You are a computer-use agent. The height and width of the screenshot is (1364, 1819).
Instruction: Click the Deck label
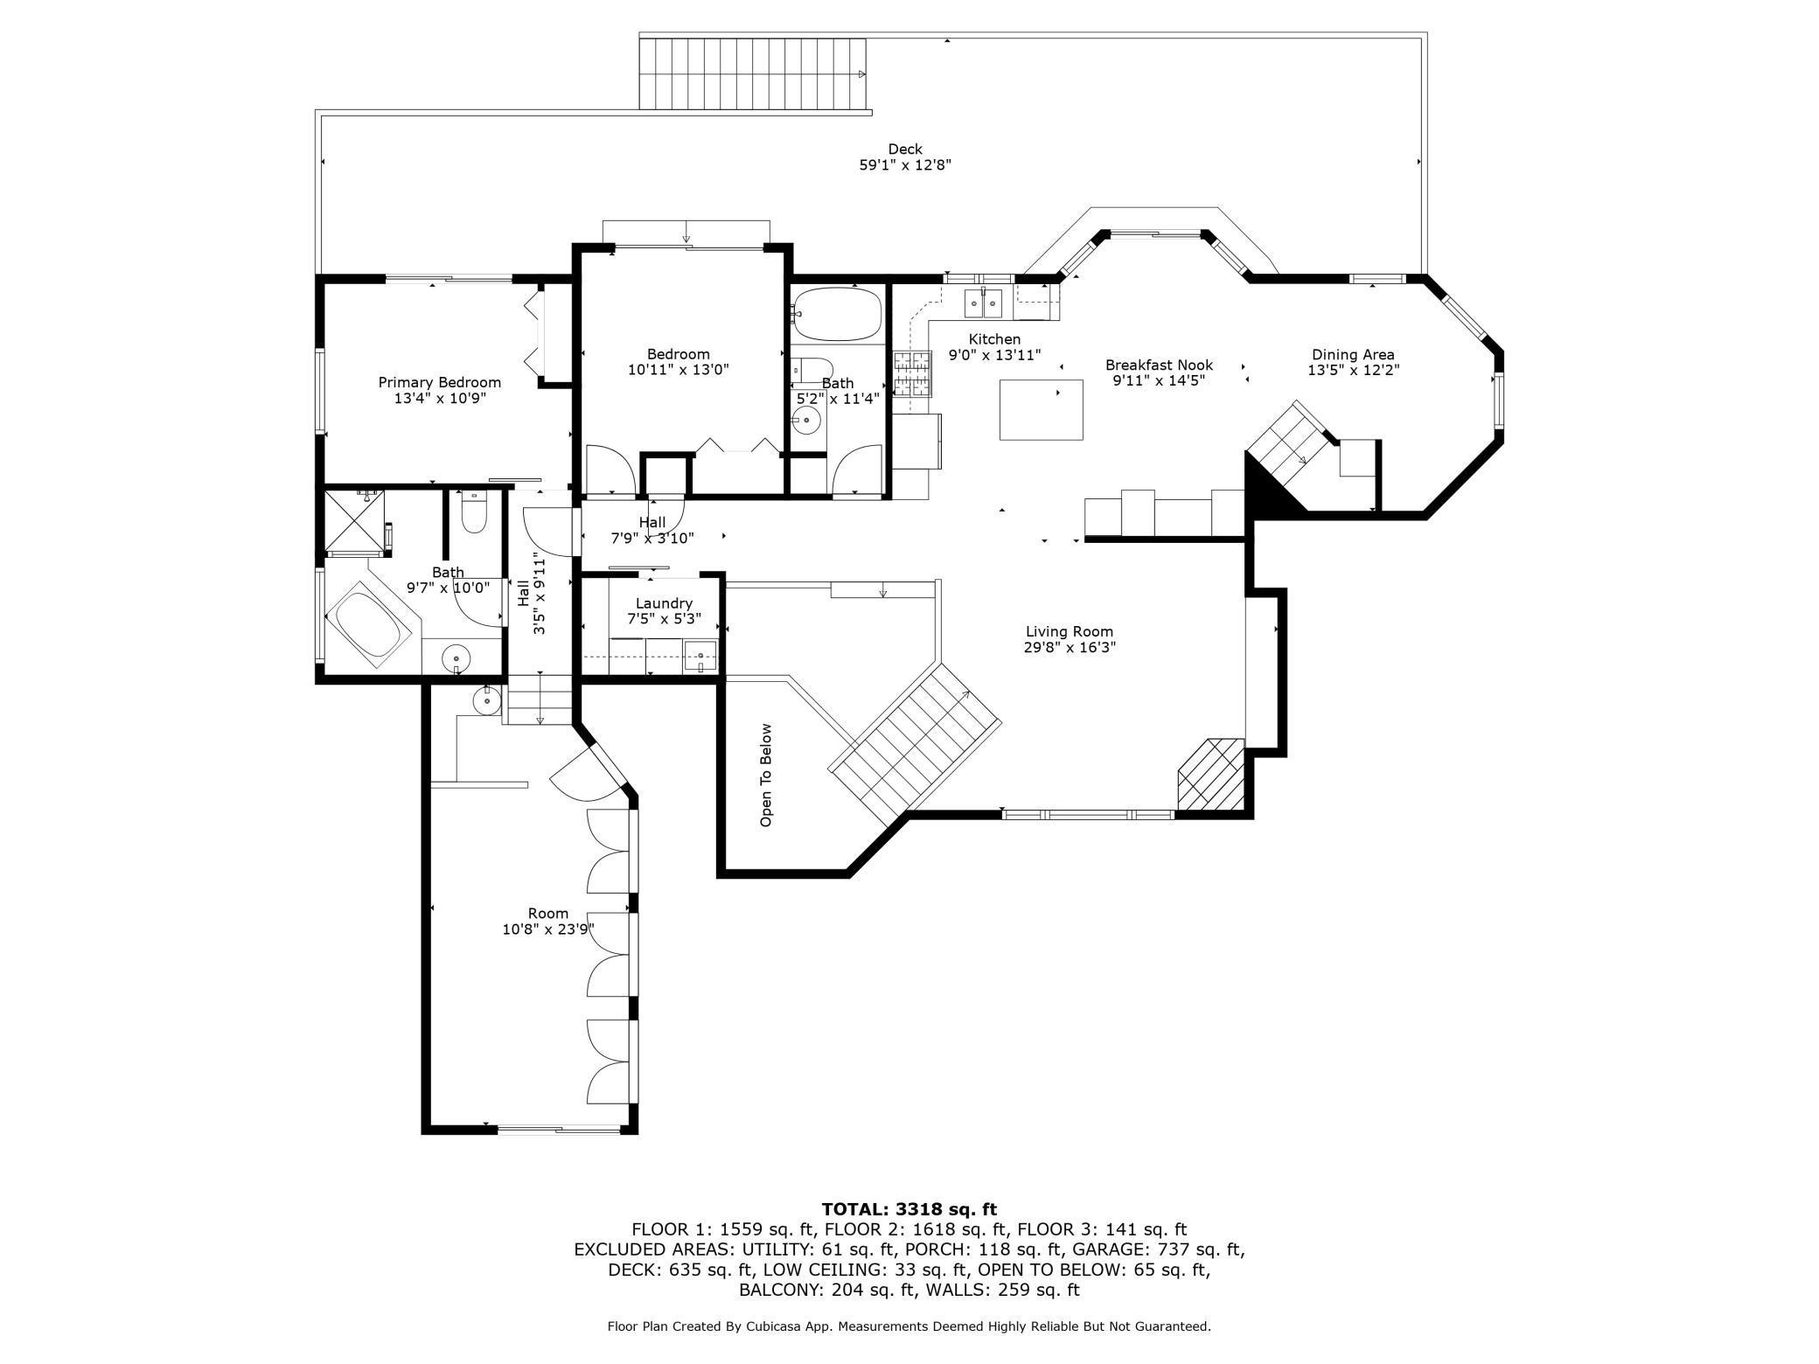point(905,150)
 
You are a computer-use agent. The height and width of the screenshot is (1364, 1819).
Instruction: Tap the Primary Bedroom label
point(440,382)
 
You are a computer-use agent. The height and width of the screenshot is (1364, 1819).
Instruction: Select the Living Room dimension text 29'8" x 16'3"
point(1070,648)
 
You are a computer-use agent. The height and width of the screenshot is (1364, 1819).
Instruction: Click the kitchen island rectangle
point(1042,409)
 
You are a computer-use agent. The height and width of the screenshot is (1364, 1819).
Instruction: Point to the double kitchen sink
point(983,303)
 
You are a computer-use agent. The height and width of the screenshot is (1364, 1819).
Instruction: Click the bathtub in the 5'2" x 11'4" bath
point(836,315)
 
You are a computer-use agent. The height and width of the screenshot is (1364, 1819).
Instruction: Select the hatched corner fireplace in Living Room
point(1210,774)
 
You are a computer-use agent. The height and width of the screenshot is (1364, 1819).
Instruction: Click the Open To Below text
point(766,775)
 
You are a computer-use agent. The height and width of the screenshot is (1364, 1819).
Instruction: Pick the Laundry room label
point(664,603)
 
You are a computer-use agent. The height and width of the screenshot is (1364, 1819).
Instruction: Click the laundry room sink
point(700,655)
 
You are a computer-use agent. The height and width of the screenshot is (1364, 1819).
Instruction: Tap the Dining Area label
point(1353,354)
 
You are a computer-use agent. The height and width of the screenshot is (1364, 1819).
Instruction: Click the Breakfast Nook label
point(1159,365)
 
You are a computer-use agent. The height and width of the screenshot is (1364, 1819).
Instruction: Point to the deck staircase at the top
point(753,73)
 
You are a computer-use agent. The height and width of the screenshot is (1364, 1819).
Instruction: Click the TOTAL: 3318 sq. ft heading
point(909,1209)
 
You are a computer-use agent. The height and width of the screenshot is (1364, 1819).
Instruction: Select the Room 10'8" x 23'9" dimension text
point(548,929)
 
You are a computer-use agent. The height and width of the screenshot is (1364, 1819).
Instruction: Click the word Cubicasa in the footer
point(777,1326)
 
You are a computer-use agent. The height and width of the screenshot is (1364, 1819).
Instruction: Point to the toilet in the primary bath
point(473,514)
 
